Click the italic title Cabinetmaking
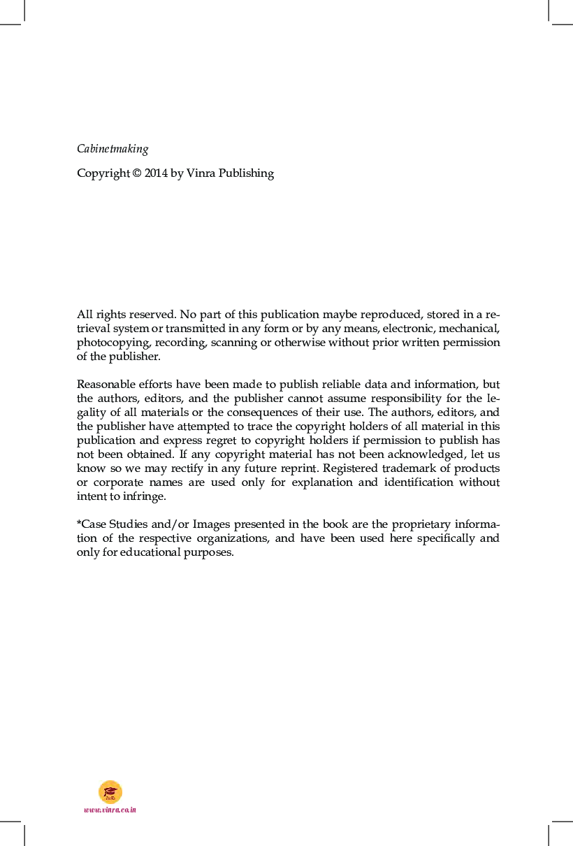pos(113,149)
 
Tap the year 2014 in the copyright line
pos(156,173)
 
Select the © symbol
pos(136,173)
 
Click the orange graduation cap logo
pos(110,791)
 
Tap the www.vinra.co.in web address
pos(110,810)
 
